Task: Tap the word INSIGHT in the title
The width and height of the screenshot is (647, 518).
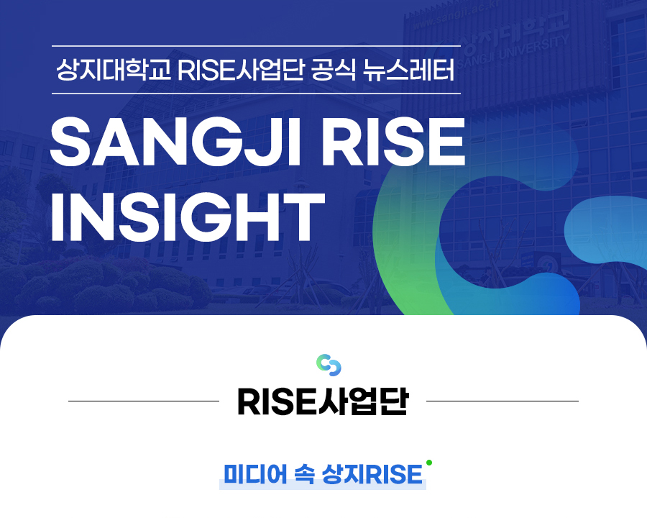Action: (x=188, y=217)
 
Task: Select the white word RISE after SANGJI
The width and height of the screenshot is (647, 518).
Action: (x=394, y=142)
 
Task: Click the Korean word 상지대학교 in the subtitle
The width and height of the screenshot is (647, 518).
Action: (x=114, y=70)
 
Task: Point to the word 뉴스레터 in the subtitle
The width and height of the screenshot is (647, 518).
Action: (x=409, y=70)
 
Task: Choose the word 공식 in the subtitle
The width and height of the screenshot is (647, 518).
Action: (x=334, y=70)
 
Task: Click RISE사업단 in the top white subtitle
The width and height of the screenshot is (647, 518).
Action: (x=241, y=70)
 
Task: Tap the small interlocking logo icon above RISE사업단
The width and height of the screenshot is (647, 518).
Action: (x=329, y=365)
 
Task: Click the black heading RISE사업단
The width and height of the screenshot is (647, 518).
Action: (x=323, y=401)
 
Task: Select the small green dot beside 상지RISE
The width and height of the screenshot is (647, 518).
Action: (x=429, y=463)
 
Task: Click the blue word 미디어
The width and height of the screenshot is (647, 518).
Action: (x=255, y=474)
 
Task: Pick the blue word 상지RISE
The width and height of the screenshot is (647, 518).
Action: (x=372, y=474)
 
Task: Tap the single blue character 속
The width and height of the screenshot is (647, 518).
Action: (x=305, y=474)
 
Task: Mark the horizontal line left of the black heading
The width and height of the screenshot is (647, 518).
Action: (x=144, y=401)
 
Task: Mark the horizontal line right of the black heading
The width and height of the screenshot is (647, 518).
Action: (x=503, y=401)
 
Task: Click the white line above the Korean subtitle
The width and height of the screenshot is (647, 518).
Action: (x=256, y=45)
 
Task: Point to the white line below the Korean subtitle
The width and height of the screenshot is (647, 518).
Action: (x=256, y=94)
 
